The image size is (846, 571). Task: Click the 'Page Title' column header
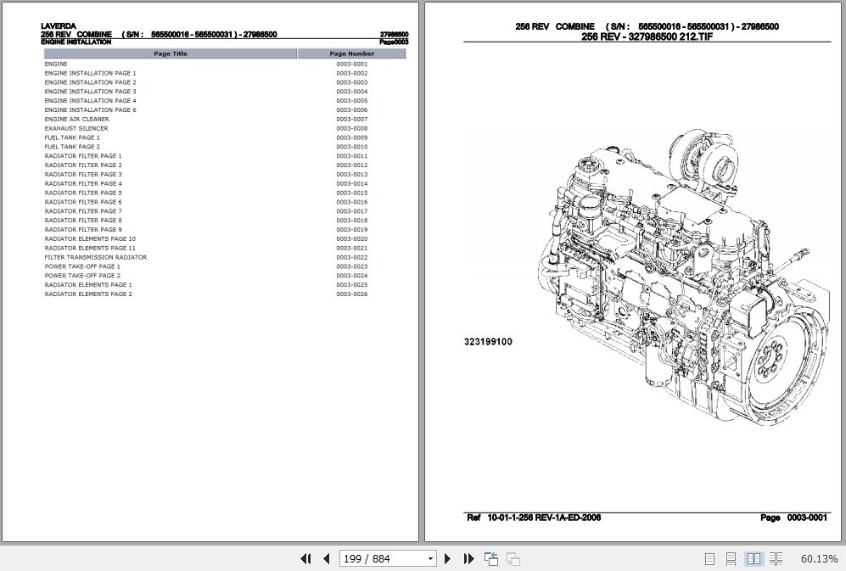(171, 53)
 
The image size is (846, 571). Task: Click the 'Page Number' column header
(351, 53)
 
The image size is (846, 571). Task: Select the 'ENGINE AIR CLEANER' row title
(76, 119)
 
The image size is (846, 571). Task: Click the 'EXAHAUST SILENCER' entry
(76, 128)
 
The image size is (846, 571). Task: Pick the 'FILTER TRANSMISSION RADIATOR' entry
(95, 257)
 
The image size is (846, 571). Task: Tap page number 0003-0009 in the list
(351, 137)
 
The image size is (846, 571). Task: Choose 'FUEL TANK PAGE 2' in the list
(72, 147)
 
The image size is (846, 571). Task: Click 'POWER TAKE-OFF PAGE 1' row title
(82, 266)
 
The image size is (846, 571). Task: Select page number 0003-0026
(351, 294)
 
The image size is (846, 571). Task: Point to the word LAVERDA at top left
(58, 25)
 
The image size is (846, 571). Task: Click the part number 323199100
(487, 342)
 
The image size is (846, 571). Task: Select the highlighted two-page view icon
(753, 558)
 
